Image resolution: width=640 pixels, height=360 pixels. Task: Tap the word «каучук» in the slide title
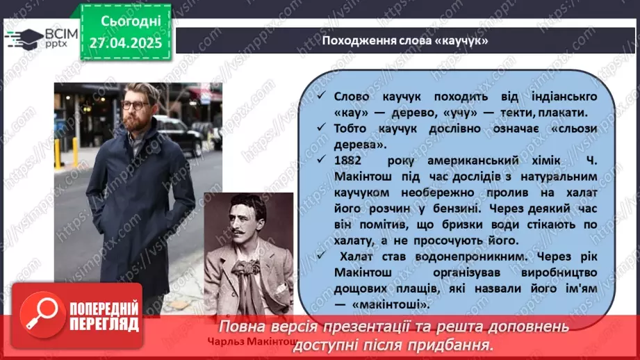tap(461, 41)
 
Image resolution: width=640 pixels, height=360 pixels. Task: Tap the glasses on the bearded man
tap(136, 105)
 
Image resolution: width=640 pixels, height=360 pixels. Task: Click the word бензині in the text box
tap(437, 207)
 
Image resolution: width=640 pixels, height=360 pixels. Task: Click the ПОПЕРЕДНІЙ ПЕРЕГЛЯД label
tap(104, 316)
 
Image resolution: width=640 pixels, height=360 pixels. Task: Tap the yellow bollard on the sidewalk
tap(58, 154)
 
